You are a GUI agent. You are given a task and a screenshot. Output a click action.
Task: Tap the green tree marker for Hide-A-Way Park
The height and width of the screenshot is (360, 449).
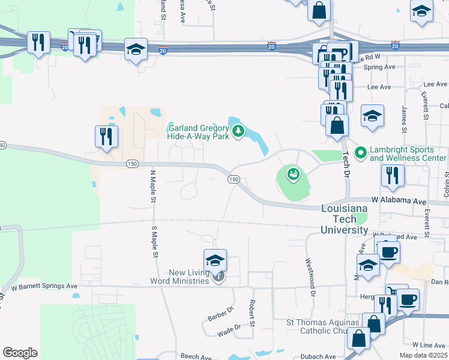[x=238, y=131]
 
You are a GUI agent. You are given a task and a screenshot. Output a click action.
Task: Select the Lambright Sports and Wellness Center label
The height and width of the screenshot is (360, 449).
[x=408, y=154]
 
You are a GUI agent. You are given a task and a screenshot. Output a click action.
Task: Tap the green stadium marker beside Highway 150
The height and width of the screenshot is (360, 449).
[x=293, y=175]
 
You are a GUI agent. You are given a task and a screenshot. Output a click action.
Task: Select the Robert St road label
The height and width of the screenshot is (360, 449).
[x=253, y=313]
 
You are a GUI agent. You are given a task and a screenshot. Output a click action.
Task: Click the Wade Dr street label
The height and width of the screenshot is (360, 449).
[x=229, y=327]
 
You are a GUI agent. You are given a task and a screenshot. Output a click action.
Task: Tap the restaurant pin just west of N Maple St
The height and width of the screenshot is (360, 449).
[x=106, y=136]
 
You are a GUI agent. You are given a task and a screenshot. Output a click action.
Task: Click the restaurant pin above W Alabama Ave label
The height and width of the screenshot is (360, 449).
[x=393, y=175]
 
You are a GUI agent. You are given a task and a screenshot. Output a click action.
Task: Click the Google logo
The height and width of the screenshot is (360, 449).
[x=20, y=353]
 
